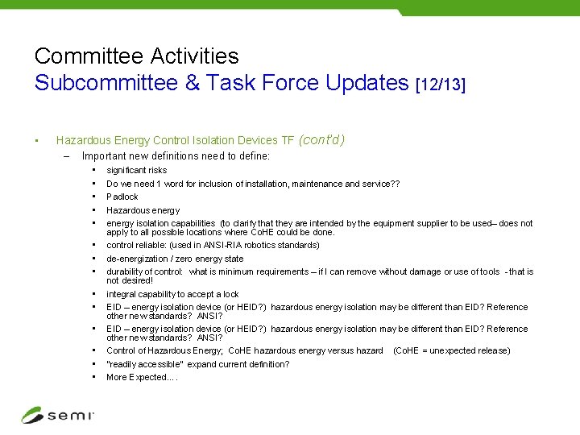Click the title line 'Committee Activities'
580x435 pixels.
pyautogui.click(x=137, y=56)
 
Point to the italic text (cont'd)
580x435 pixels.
pyautogui.click(x=321, y=140)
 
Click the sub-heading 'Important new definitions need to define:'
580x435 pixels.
pyautogui.click(x=176, y=156)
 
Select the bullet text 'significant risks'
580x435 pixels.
pyautogui.click(x=137, y=170)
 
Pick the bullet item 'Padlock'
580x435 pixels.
pyautogui.click(x=122, y=197)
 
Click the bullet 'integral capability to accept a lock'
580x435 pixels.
pyautogui.click(x=173, y=294)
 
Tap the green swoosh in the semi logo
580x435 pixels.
pyautogui.click(x=32, y=415)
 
